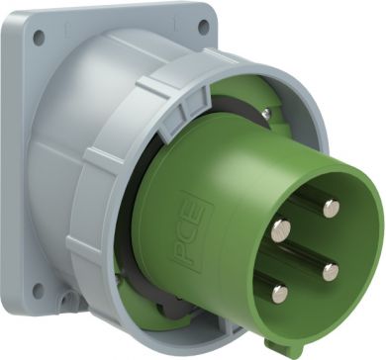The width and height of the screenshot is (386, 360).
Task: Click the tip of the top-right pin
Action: coord(331,209)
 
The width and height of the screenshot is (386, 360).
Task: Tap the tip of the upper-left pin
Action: coord(281,230)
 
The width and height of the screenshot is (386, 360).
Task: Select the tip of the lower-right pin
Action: coord(331,272)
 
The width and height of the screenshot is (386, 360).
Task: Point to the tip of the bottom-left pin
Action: coord(280,294)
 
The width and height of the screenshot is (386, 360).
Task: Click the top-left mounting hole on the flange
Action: coord(39,38)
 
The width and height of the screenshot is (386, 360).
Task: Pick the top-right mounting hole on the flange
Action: coord(204,26)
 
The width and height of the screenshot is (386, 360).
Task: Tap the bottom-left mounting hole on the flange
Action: coord(38,291)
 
